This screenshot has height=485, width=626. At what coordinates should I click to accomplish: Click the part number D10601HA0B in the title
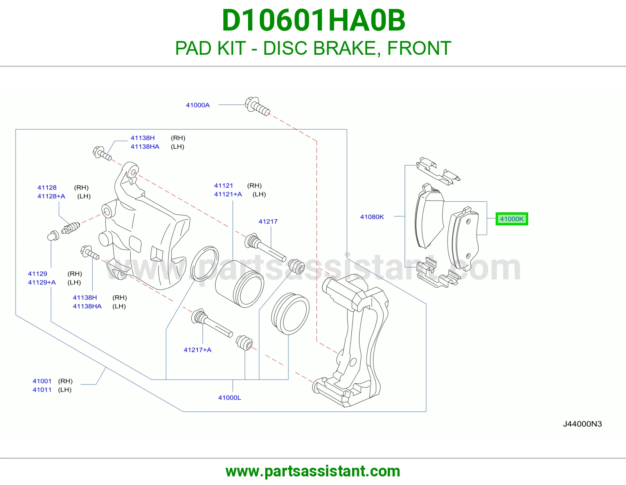(x=313, y=20)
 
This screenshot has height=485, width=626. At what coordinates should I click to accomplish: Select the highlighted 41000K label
(x=512, y=219)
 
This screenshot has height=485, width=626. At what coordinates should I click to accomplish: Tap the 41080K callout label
(x=372, y=217)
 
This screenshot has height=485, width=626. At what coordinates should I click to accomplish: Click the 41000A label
(x=198, y=105)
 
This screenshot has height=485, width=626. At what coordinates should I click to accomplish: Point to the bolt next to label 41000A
(x=257, y=106)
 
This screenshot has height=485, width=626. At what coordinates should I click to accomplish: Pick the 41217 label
(x=268, y=221)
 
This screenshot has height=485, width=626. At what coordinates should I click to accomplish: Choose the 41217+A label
(x=198, y=350)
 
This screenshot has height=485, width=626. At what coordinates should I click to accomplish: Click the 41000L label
(x=230, y=398)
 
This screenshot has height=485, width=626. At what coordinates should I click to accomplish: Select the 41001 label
(x=42, y=381)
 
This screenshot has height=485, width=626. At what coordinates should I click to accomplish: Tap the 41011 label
(x=42, y=390)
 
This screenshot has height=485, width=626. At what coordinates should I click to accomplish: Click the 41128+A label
(x=51, y=196)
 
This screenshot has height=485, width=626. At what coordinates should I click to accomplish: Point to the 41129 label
(x=38, y=274)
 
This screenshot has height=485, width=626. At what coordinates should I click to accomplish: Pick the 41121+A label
(x=228, y=194)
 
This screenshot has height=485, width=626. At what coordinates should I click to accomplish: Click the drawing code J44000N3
(x=583, y=424)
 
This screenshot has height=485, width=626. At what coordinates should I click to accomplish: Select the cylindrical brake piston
(x=239, y=284)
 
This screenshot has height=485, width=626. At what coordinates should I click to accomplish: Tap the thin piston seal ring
(x=205, y=264)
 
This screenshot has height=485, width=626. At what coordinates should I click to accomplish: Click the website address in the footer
(x=313, y=471)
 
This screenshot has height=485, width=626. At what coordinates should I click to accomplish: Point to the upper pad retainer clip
(x=438, y=171)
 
